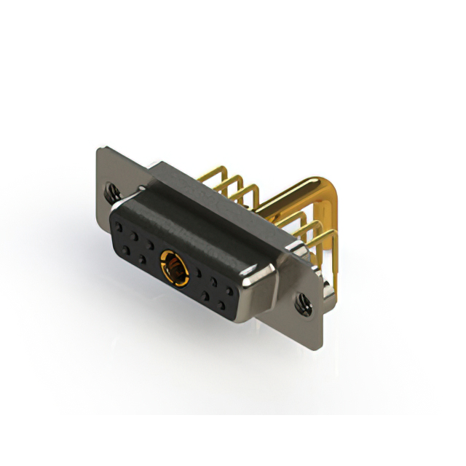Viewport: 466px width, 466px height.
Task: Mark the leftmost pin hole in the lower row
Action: click(126, 250)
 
